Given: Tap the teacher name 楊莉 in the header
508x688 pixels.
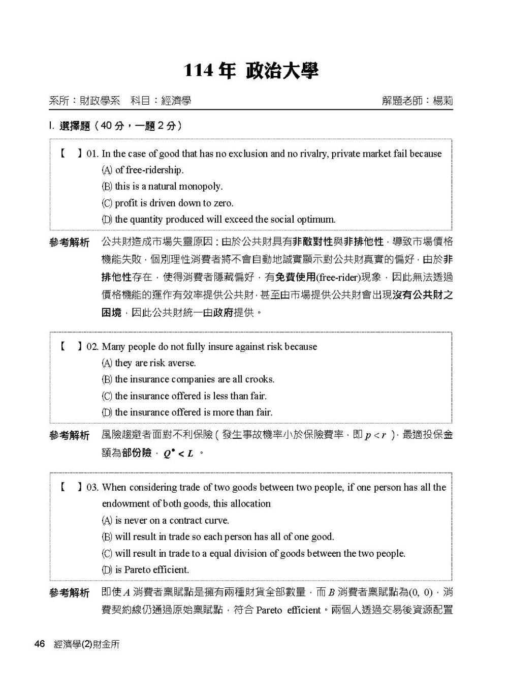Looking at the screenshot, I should [442, 101].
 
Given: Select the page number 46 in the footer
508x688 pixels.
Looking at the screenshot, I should [40, 644].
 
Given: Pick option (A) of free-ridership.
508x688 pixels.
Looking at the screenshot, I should [143, 170].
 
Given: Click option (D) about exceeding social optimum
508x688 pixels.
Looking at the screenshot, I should [219, 219].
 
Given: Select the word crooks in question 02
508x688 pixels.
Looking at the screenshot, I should [260, 379].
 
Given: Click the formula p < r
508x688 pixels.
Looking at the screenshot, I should [376, 436].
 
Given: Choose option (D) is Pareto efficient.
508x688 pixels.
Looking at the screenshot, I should [146, 570].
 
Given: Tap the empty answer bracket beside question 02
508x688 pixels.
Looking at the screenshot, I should [71, 347].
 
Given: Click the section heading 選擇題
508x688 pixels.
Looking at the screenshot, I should [75, 126].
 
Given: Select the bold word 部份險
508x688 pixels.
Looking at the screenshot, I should [137, 453].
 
